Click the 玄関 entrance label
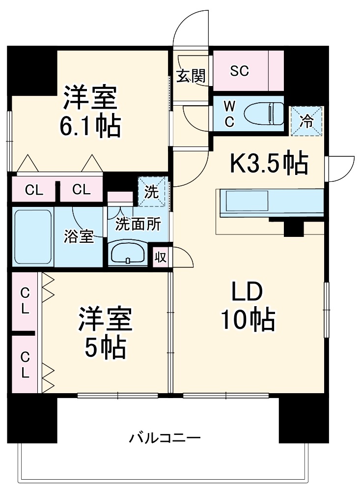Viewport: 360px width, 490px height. click(191, 76)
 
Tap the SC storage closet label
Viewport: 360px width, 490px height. click(240, 71)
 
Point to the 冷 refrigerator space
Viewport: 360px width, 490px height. click(306, 121)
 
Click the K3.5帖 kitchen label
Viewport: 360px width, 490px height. click(269, 164)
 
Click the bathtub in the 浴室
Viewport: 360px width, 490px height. click(33, 237)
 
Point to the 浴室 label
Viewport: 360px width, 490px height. click(79, 236)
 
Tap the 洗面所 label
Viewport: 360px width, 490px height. click(138, 224)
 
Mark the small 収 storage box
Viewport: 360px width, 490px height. click(160, 257)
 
